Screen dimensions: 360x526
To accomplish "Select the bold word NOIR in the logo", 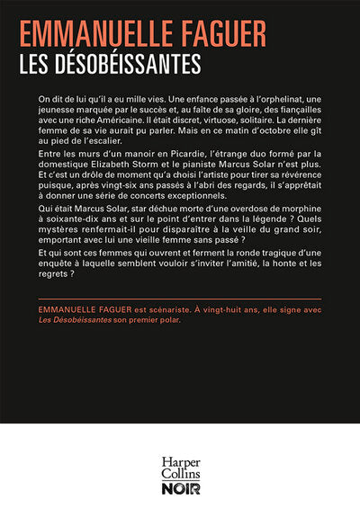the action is tap(180, 492).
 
